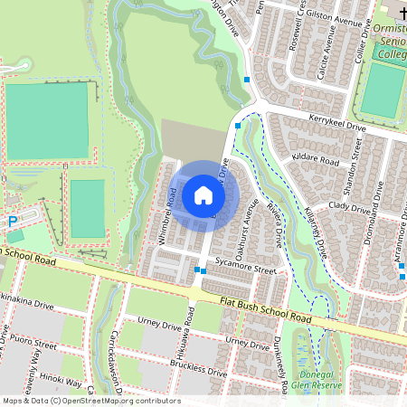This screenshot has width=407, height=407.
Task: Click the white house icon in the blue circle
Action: (203, 194)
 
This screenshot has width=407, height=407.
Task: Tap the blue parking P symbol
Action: (13, 221)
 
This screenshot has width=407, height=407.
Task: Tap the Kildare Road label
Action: (316, 160)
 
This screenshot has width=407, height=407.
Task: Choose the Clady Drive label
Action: (351, 207)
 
